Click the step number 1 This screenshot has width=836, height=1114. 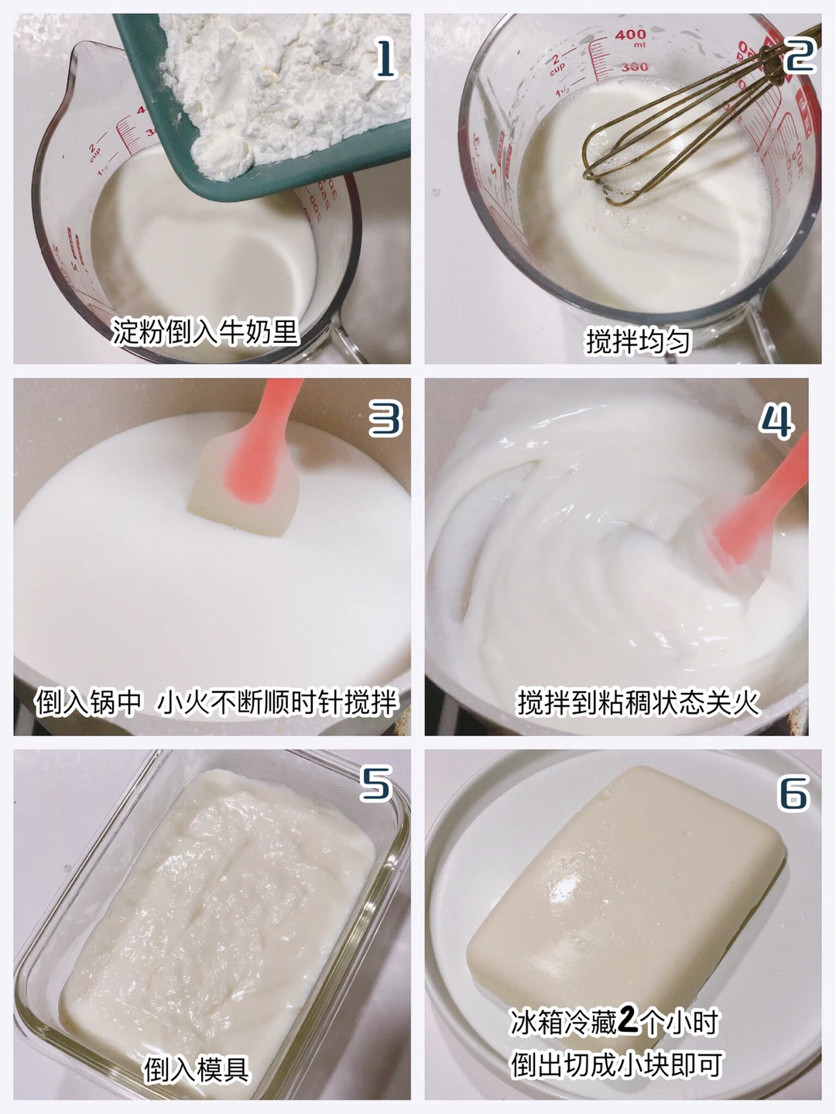[385, 59]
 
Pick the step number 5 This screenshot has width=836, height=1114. [376, 783]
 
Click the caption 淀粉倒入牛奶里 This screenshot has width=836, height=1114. [205, 332]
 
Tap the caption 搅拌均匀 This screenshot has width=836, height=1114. [639, 341]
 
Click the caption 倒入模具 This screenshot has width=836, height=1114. [197, 1069]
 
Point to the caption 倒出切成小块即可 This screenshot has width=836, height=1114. [617, 1064]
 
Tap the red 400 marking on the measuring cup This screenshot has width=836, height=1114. [630, 35]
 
